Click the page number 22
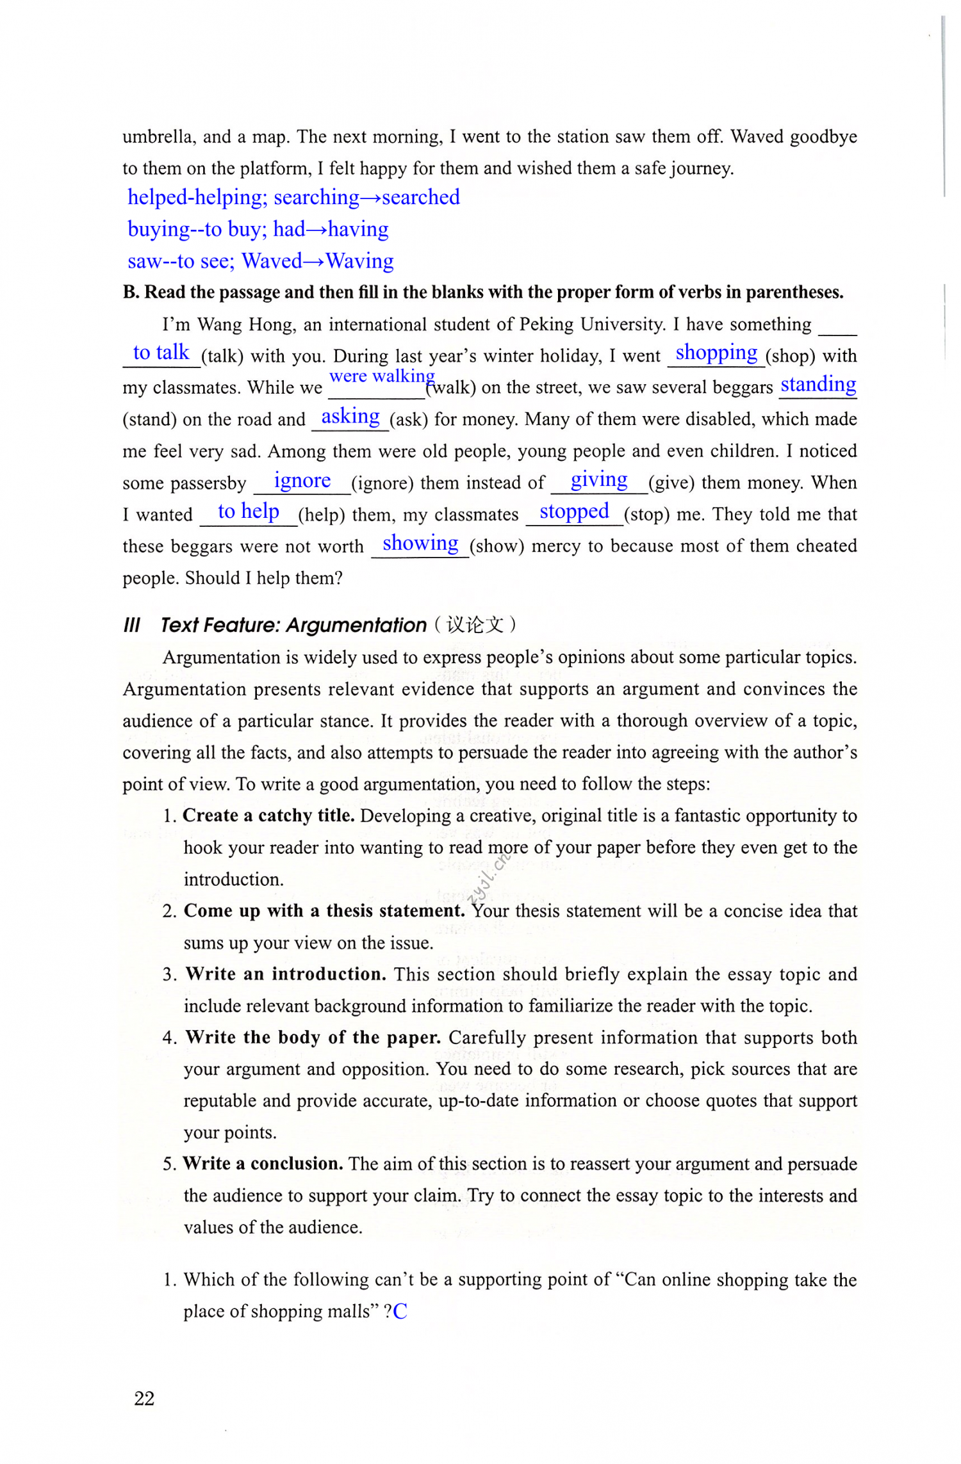point(144,1398)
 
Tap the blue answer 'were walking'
point(382,376)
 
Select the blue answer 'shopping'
point(716,353)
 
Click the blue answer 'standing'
point(818,384)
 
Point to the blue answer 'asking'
point(350,416)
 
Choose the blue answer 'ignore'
point(302,480)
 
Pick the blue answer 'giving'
point(599,479)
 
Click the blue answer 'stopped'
point(574,511)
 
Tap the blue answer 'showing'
point(420,543)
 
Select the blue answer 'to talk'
point(161,353)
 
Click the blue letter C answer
point(400,1312)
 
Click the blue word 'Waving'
point(359,261)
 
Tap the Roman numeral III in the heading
point(131,625)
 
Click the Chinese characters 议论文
point(475,625)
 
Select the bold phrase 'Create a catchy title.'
point(268,816)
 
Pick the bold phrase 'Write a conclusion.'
point(263,1164)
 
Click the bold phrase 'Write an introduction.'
point(286,974)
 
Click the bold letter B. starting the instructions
point(131,293)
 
